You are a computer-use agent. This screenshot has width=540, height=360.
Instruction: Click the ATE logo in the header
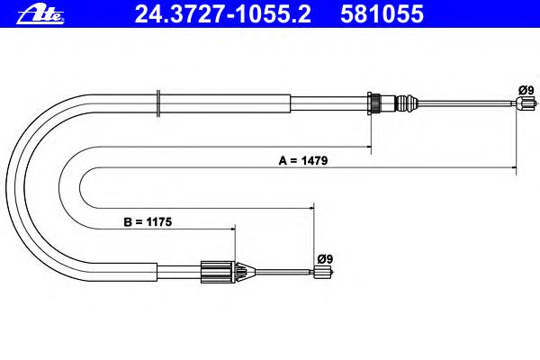tap(40, 14)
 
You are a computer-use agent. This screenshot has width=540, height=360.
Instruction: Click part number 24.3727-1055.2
tap(223, 14)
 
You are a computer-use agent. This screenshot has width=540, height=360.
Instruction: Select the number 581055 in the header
tap(382, 14)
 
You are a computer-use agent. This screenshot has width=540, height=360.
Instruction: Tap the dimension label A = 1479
tap(303, 160)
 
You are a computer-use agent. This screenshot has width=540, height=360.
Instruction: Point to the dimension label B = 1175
tap(148, 222)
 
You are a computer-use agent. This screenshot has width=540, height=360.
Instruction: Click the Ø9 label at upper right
tap(526, 90)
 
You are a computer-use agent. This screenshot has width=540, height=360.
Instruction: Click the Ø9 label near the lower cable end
tap(325, 258)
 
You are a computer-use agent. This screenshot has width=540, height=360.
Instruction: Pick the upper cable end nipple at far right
tap(526, 103)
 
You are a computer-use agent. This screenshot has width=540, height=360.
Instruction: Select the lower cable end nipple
tap(323, 272)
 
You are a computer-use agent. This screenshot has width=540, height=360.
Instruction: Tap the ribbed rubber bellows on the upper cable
tap(407, 103)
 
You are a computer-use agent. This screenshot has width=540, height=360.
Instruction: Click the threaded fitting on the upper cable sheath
tap(374, 103)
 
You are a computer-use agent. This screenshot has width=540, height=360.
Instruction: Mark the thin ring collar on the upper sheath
tap(158, 103)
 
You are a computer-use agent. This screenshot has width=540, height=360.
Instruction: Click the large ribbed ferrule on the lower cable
tap(218, 272)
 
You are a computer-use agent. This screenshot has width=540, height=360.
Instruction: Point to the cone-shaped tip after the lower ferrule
tap(246, 272)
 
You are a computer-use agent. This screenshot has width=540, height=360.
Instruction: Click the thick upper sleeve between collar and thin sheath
tap(225, 103)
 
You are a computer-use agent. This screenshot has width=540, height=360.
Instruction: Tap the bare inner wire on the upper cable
tap(466, 103)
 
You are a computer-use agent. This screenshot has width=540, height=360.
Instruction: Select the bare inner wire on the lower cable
tap(284, 272)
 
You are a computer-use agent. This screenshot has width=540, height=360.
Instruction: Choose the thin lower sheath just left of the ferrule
tap(179, 272)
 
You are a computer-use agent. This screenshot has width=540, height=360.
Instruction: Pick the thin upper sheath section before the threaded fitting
tap(329, 103)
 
